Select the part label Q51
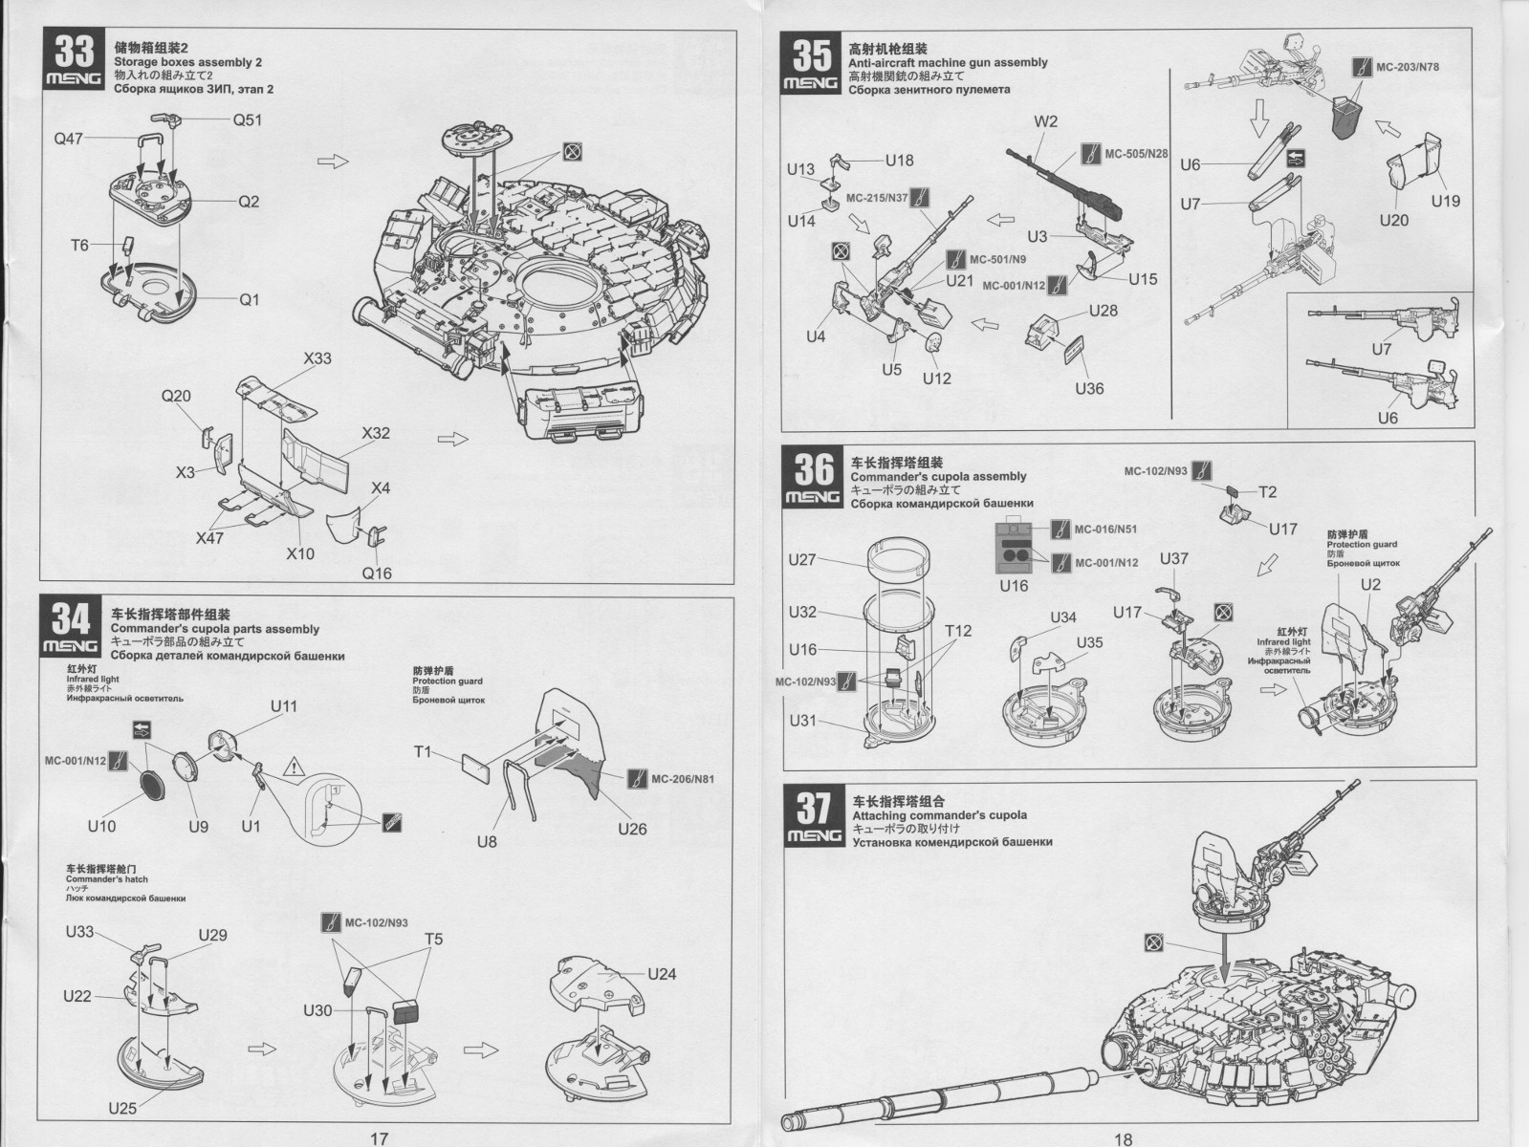[x=247, y=119]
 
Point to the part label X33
[x=317, y=358]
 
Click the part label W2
[x=1045, y=121]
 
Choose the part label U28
[x=1103, y=311]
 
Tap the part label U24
[x=662, y=974]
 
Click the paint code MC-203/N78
[x=1407, y=67]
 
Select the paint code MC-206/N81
[x=682, y=778]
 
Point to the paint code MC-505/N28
[x=1136, y=154]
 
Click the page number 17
[x=379, y=1137]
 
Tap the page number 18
[x=1123, y=1137]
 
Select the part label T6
[x=79, y=246]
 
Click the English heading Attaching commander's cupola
[x=939, y=815]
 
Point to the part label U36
[x=1088, y=388]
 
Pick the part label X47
[x=209, y=538]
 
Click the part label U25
[x=122, y=1109]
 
